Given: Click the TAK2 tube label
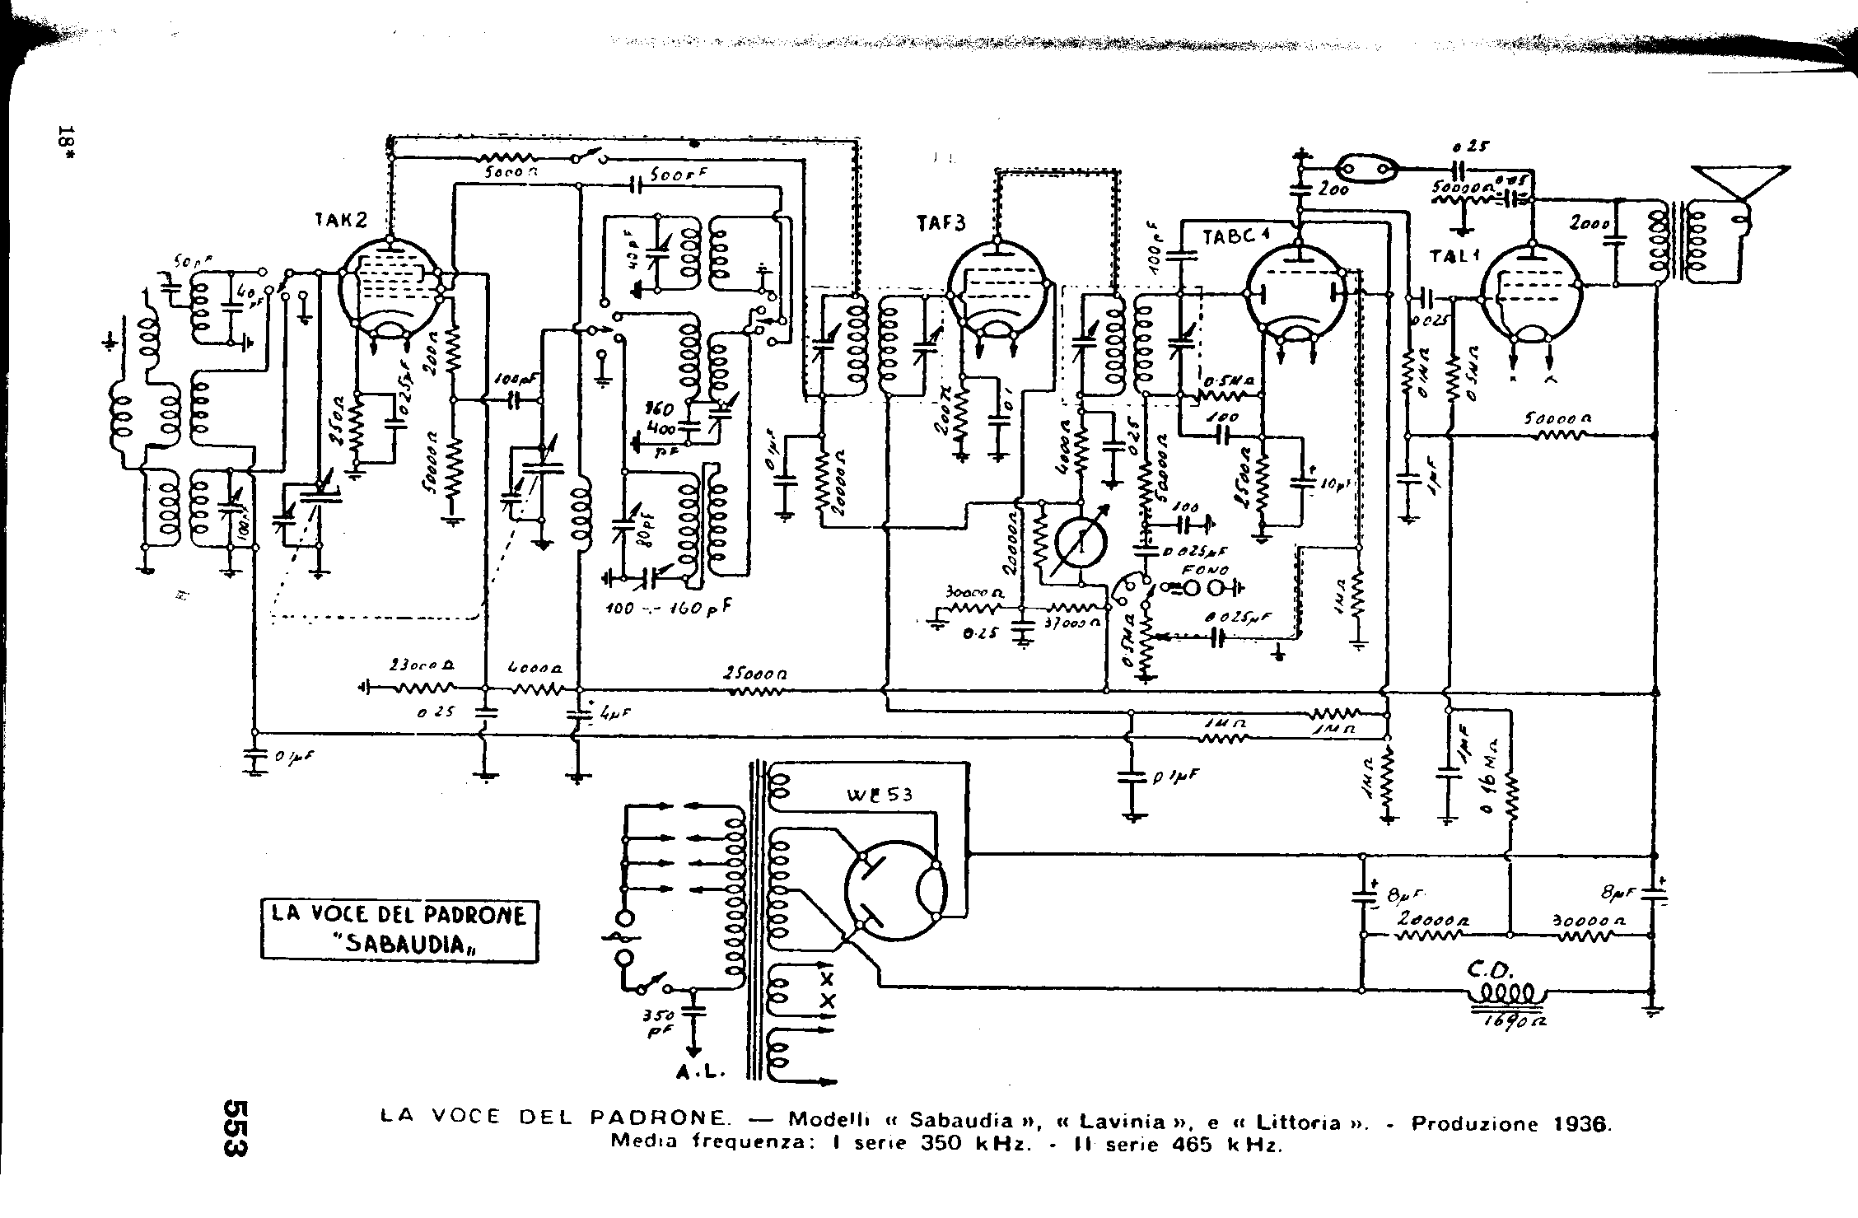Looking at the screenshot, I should (x=341, y=220).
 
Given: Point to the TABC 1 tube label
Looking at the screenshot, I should (x=1236, y=236).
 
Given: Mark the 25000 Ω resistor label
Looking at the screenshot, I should (x=755, y=672).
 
